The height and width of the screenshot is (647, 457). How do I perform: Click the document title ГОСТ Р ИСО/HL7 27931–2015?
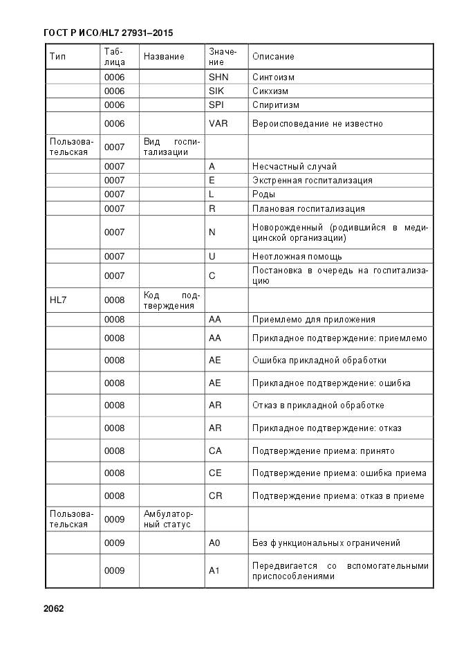click(108, 33)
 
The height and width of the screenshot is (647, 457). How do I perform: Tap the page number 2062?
click(53, 609)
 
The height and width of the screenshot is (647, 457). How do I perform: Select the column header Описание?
click(273, 57)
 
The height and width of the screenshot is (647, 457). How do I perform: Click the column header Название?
click(164, 57)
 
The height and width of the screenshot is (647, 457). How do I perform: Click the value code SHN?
click(218, 78)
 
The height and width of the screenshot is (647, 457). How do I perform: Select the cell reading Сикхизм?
click(270, 91)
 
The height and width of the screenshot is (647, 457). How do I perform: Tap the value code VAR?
click(218, 124)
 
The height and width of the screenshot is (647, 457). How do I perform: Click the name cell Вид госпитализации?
click(171, 147)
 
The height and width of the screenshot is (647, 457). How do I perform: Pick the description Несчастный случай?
click(295, 167)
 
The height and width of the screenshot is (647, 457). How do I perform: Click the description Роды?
click(263, 194)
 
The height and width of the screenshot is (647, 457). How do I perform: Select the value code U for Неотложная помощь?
click(212, 256)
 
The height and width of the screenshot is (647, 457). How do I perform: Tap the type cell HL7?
click(58, 300)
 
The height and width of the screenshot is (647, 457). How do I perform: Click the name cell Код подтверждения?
click(171, 300)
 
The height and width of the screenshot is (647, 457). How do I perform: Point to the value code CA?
click(215, 451)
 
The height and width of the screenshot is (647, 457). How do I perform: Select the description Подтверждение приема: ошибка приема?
click(339, 473)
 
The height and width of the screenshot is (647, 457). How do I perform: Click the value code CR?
click(215, 496)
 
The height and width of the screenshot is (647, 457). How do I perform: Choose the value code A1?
click(214, 571)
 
